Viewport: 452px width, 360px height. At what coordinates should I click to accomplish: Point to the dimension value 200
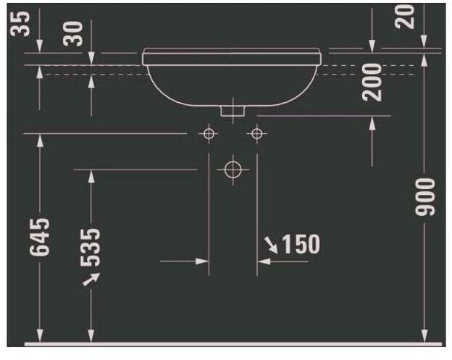click(372, 82)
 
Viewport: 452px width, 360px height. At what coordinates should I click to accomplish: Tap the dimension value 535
click(91, 246)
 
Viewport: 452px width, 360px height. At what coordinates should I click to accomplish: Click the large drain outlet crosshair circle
click(232, 169)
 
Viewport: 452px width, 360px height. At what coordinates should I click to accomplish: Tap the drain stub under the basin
click(232, 111)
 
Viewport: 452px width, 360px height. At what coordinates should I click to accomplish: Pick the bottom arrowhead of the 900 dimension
click(424, 335)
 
